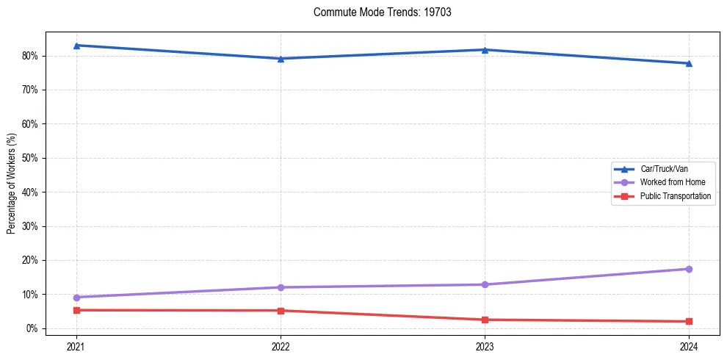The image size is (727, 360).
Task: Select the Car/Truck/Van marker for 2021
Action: pos(76,46)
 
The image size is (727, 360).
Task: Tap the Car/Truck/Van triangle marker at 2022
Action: pos(281,59)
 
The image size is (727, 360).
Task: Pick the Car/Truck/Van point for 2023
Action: pos(485,50)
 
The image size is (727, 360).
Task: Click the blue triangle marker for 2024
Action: pos(689,63)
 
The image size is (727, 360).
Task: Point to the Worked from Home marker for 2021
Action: pos(76,298)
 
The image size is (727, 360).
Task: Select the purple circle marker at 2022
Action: pos(281,287)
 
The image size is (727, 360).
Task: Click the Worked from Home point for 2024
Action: pos(689,269)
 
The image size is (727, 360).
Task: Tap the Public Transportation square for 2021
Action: pos(76,310)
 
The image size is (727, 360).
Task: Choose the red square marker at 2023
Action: pos(485,320)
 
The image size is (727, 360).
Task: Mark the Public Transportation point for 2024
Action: pos(689,321)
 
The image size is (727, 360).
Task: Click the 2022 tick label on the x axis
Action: pos(281,346)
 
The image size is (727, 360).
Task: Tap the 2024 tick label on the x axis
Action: pos(689,346)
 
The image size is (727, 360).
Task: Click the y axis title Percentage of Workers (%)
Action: pos(12,183)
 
